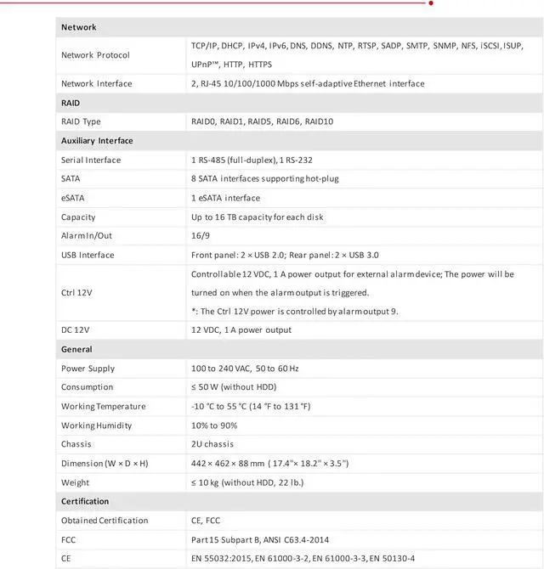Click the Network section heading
79,27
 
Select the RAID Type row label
81,121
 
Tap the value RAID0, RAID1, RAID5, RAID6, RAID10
262,121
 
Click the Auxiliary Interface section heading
97,140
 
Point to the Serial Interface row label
91,160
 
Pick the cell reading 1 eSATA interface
225,198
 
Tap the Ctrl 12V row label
77,292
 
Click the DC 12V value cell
241,330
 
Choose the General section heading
76,349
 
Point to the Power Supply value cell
245,369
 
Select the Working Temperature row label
104,406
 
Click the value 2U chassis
212,444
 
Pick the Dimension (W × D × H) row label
105,463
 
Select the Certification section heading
85,501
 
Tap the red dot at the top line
431,3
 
